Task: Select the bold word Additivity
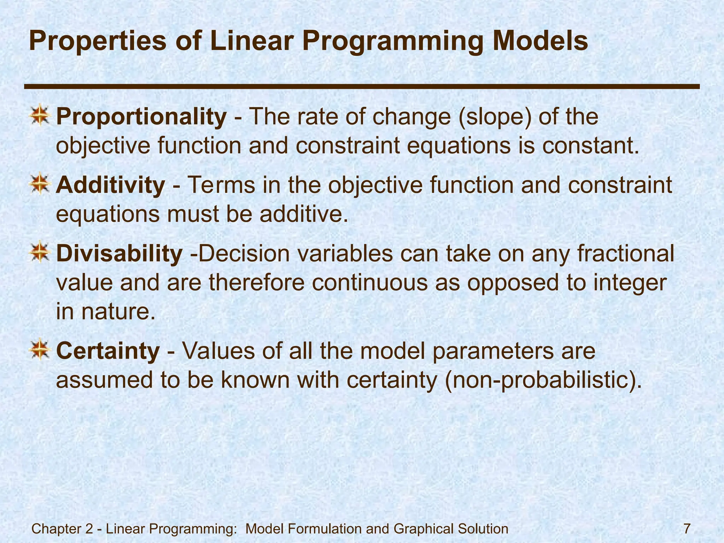[x=110, y=185]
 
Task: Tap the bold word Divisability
[x=119, y=254]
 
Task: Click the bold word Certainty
[x=108, y=351]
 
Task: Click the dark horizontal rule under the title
[x=362, y=86]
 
